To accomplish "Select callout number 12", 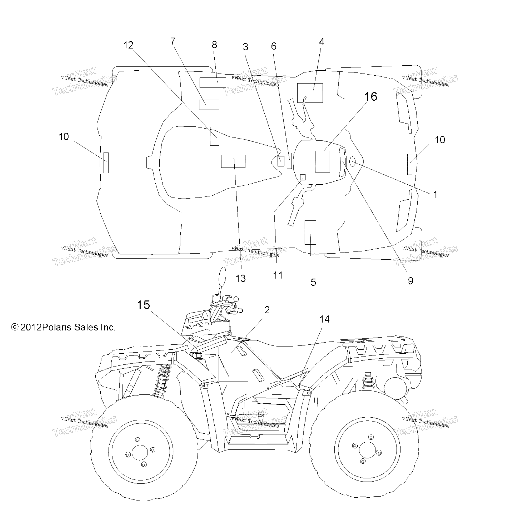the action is tap(128, 45).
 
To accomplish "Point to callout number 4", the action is tap(321, 42).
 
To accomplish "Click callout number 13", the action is tap(241, 278).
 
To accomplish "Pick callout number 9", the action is tap(410, 281).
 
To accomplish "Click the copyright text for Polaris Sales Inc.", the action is tap(63, 327).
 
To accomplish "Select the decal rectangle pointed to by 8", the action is tap(213, 83).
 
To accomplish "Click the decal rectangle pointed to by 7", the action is tap(209, 105).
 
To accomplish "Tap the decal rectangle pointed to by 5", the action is tap(310, 232).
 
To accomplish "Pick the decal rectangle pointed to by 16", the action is tap(322, 162).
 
